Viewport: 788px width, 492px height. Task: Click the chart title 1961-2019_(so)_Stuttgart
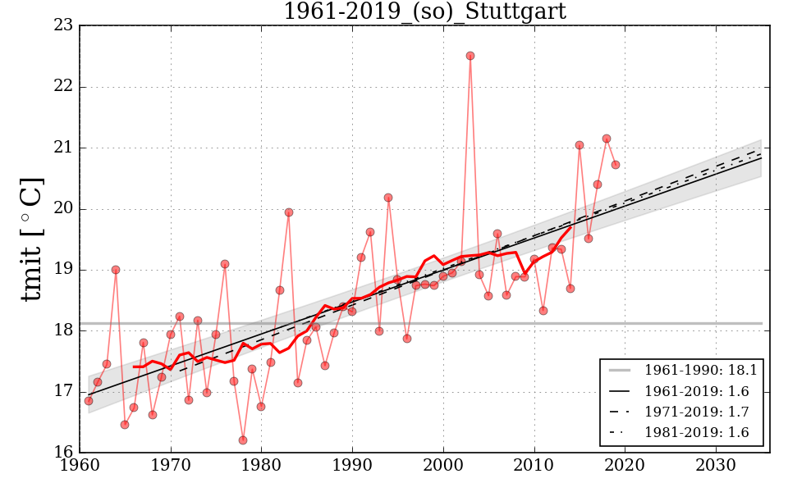424,11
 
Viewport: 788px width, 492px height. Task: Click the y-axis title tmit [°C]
31,239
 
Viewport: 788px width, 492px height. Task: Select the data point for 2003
470,56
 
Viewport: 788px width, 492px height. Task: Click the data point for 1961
89,400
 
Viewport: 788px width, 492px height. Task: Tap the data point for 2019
616,165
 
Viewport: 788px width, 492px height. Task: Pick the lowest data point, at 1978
243,440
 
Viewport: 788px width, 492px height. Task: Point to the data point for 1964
116,270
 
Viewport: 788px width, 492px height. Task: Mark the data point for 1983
289,212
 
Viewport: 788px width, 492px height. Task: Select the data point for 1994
388,198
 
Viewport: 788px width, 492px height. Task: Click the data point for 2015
580,145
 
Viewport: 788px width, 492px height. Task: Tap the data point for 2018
607,139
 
